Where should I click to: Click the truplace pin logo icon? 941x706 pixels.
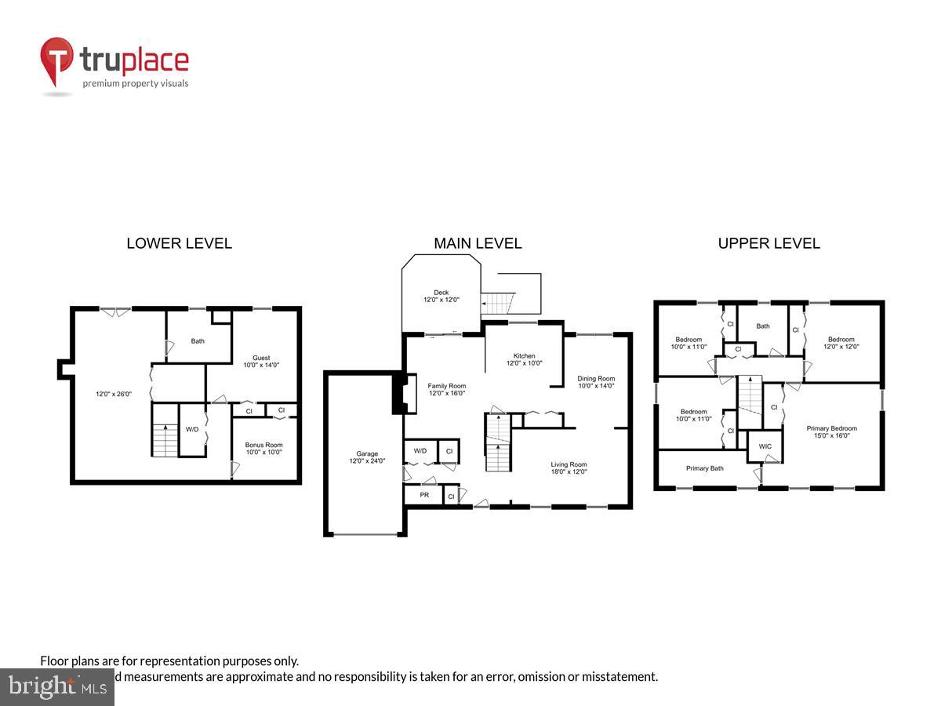tap(56, 60)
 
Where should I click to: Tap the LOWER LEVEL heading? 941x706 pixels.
tap(179, 243)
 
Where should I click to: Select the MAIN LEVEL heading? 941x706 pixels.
tap(478, 243)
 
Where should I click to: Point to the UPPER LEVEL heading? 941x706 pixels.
tap(768, 243)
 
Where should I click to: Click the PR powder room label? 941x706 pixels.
tap(424, 496)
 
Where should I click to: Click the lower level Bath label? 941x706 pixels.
tap(198, 341)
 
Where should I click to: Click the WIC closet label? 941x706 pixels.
tap(765, 447)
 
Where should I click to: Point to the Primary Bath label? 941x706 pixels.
tap(704, 468)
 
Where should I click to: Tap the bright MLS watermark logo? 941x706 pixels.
tap(56, 686)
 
